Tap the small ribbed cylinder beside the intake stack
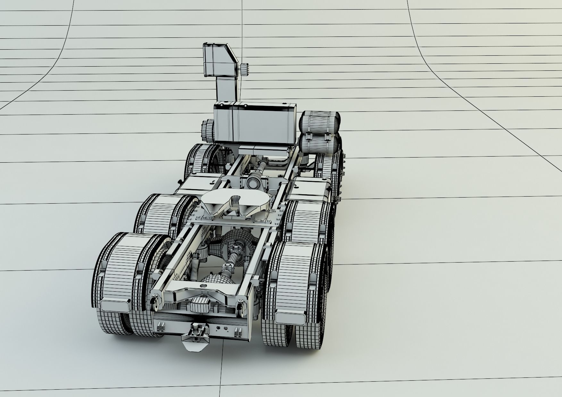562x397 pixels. click(x=244, y=69)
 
